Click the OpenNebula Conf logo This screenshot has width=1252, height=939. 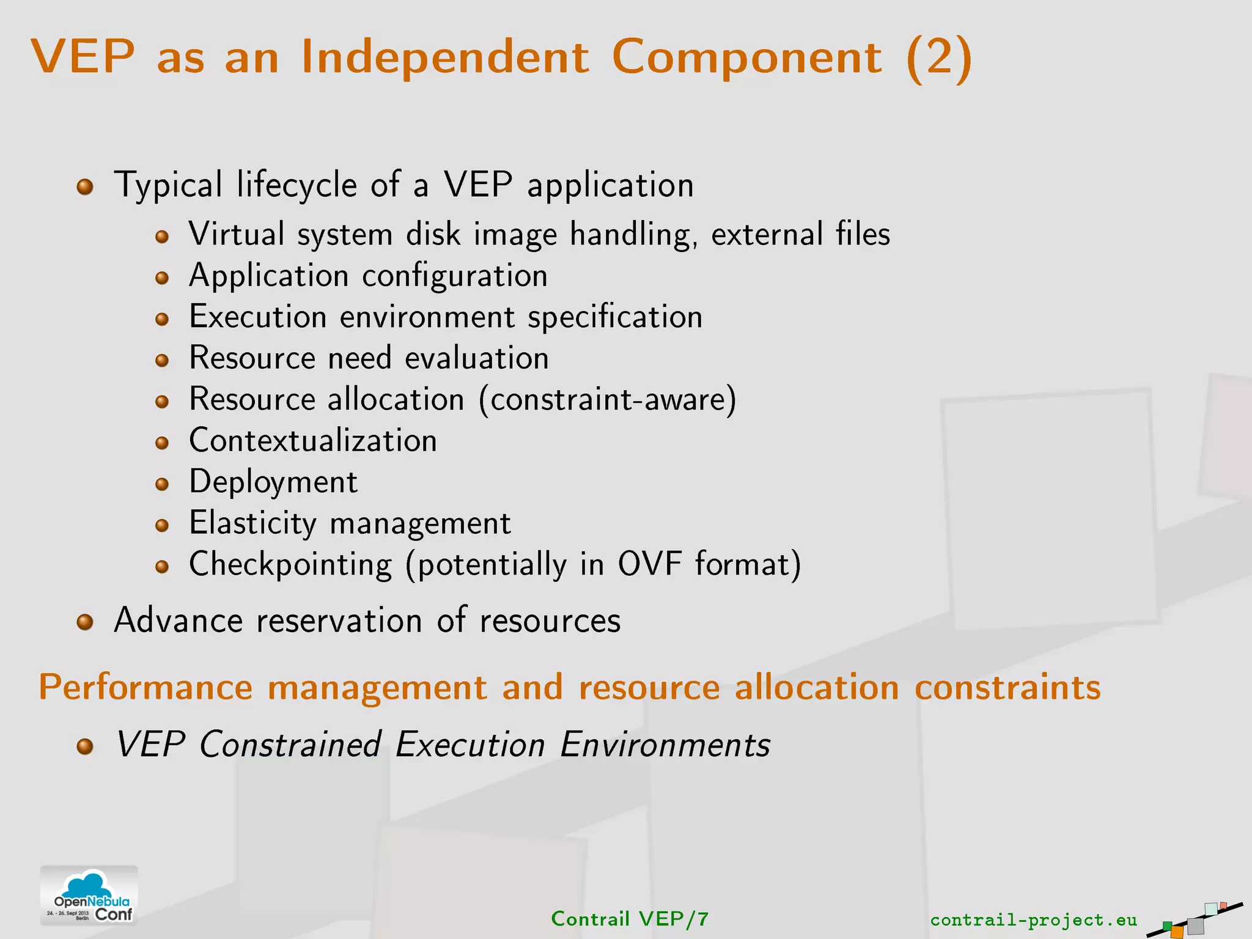click(89, 896)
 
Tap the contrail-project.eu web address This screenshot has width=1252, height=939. click(1033, 919)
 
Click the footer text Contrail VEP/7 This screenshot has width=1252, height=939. click(630, 919)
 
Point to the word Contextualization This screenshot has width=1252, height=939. click(313, 441)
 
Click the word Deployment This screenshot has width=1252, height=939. click(273, 482)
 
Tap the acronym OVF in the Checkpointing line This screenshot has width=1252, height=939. click(649, 564)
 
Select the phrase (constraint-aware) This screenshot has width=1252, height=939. click(608, 400)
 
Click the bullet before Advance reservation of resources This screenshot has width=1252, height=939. click(85, 622)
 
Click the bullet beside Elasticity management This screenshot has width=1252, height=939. click(162, 525)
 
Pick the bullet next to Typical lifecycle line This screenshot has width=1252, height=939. click(85, 186)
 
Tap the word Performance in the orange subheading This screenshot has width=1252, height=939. click(145, 687)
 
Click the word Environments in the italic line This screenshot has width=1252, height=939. click(665, 745)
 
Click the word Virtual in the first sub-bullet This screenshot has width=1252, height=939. click(237, 235)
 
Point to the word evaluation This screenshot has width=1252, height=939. click(477, 358)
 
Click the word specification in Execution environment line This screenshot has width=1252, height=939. click(614, 317)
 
